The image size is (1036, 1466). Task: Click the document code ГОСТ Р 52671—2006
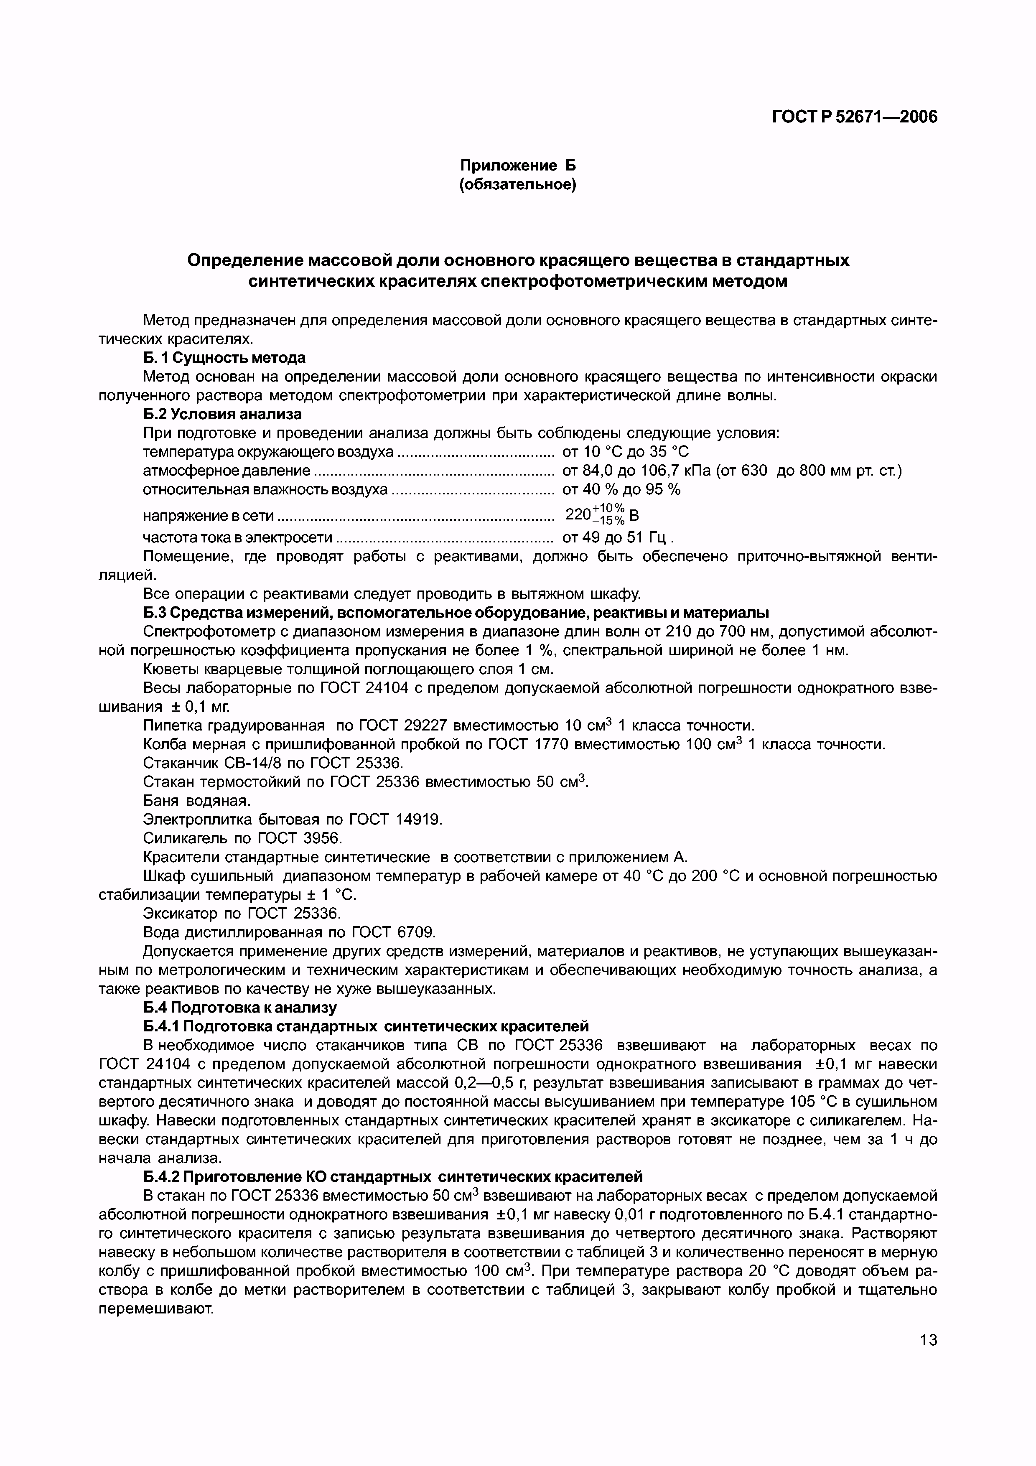click(x=855, y=117)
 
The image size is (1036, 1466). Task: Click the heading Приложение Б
click(x=518, y=166)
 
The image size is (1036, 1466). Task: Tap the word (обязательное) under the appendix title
click(x=518, y=185)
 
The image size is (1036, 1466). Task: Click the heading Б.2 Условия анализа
click(x=222, y=414)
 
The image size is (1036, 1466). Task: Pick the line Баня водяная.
click(x=197, y=800)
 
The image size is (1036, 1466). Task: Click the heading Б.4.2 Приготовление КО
click(x=392, y=1176)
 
